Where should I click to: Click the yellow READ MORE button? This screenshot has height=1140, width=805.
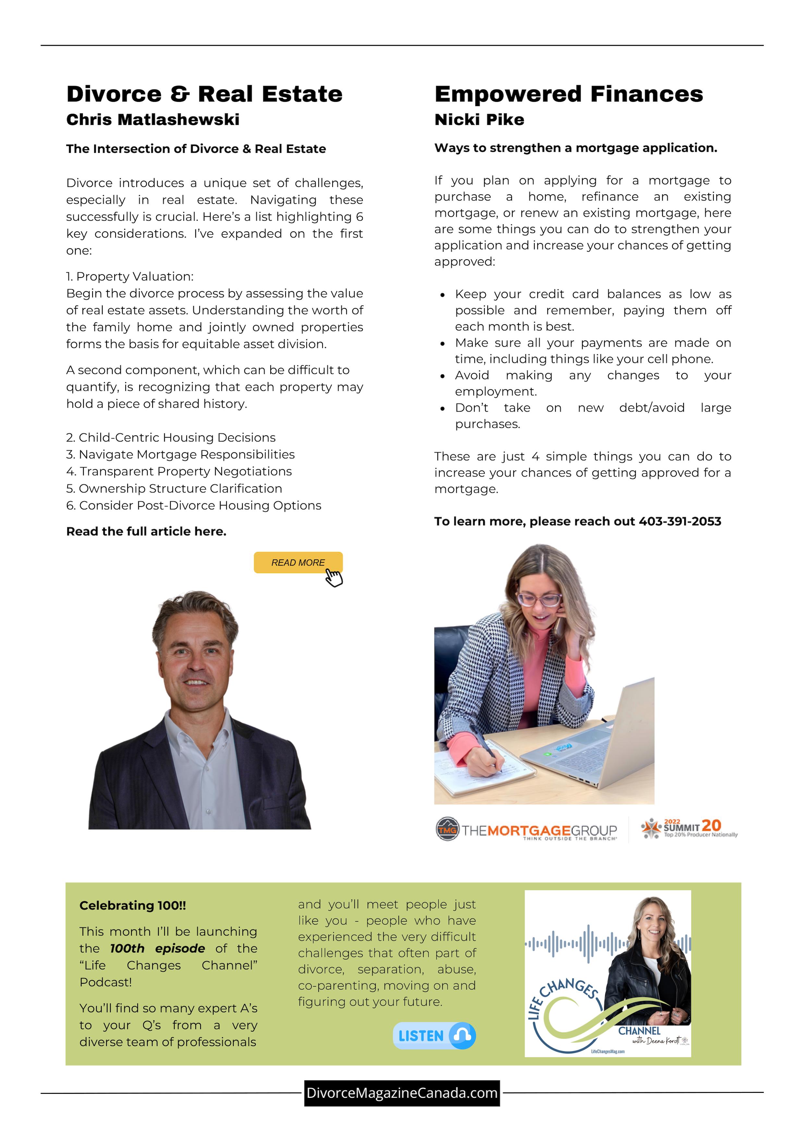298,563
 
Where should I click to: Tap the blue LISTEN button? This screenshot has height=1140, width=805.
434,1035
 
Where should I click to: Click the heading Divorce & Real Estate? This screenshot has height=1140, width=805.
204,94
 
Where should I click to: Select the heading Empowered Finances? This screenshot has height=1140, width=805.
568,94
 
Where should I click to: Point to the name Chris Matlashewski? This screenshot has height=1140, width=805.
153,120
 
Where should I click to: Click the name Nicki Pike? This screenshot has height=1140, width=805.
479,120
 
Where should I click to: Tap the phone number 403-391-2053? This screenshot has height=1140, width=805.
679,521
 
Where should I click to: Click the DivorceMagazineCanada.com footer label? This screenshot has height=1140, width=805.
402,1093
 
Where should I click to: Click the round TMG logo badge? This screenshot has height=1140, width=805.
447,829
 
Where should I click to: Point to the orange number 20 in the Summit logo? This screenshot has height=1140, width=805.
711,825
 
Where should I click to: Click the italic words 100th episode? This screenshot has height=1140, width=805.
157,948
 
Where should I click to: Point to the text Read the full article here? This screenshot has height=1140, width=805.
146,531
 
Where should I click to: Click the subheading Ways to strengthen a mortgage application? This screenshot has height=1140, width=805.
575,148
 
